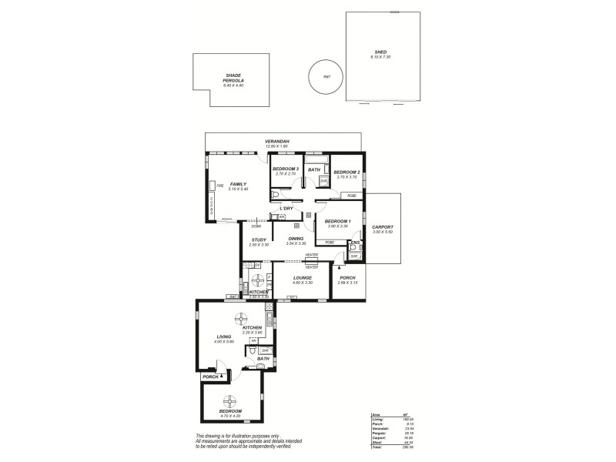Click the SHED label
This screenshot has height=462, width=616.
click(x=380, y=52)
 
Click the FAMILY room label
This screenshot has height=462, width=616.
click(x=237, y=185)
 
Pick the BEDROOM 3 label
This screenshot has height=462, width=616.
click(x=285, y=170)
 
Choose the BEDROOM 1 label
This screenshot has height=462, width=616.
click(x=338, y=222)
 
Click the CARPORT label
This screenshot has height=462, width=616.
click(x=382, y=227)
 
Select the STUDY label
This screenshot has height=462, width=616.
click(x=259, y=239)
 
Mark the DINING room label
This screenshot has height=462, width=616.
click(x=296, y=239)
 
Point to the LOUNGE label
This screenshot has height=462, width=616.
click(x=301, y=280)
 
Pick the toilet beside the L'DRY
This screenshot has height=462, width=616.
click(x=274, y=197)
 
